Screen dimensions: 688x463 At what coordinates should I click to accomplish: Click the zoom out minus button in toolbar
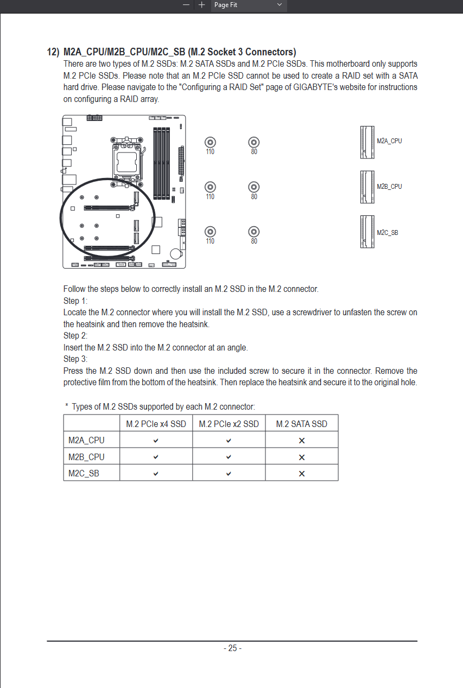[186, 5]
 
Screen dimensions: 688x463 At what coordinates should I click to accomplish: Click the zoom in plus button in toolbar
[202, 5]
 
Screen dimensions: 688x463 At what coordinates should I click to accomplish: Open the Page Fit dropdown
[249, 5]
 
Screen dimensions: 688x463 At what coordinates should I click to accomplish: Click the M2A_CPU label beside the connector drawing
[389, 141]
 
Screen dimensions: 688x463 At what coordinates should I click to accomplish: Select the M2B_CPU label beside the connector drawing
[389, 187]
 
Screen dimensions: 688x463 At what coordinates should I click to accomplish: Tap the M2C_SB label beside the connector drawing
[387, 233]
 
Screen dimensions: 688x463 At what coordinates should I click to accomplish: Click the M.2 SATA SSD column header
[302, 424]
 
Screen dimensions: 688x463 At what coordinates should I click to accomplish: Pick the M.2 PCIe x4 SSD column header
[156, 424]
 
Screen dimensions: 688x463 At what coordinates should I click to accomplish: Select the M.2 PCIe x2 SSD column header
[229, 424]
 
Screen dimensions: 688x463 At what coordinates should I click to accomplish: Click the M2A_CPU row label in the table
[86, 440]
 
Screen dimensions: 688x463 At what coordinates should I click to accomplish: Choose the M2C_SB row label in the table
[84, 473]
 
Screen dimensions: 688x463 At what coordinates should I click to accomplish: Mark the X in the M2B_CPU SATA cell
[302, 457]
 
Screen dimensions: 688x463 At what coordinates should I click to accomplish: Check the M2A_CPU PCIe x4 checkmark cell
[156, 441]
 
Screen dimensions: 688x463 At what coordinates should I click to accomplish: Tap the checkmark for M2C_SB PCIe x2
[229, 474]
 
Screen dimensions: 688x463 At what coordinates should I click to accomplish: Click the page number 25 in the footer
[232, 648]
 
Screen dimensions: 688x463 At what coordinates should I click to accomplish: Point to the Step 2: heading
[75, 336]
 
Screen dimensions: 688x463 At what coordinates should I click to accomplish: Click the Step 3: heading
[75, 359]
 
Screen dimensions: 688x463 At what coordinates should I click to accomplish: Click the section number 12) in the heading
[53, 52]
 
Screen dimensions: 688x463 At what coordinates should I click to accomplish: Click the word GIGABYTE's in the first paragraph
[314, 87]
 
